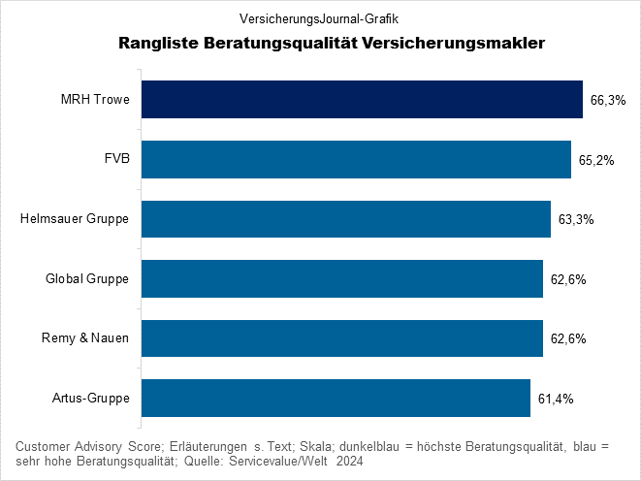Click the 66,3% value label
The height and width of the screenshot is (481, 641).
607,100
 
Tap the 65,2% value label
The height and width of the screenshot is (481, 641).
595,160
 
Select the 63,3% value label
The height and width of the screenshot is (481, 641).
575,220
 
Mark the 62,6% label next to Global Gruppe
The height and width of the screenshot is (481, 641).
567,279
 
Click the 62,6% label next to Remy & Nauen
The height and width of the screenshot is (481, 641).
567,339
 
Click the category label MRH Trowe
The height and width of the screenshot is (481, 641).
95,100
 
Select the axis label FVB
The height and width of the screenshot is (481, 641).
116,160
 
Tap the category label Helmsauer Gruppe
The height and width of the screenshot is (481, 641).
75,219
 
